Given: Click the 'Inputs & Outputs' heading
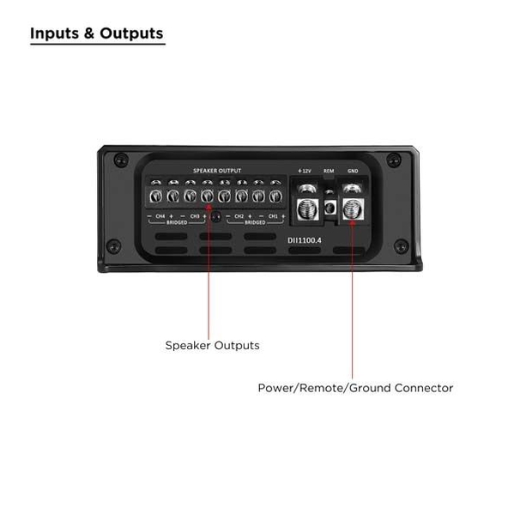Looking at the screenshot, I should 97,34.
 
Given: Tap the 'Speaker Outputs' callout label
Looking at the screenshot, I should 212,346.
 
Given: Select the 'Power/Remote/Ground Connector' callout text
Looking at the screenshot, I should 355,388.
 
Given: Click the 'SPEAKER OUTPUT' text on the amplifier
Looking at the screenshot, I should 217,171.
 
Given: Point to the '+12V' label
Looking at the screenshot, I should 304,171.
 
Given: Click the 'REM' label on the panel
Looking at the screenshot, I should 329,171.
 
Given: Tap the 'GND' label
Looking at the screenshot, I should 353,171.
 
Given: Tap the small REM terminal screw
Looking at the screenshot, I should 329,206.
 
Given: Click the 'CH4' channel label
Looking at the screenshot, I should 160,216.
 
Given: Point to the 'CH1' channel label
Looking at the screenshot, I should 273,216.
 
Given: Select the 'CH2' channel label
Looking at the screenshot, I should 239,216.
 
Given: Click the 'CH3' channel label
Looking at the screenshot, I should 195,216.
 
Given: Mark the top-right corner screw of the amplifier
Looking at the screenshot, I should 393,159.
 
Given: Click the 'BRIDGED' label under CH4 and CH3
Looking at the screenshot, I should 178,222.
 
